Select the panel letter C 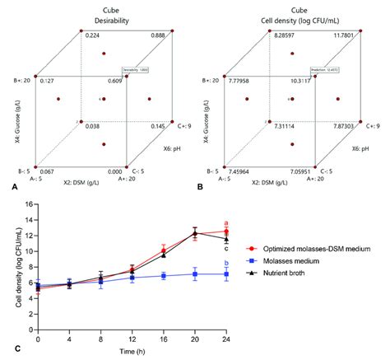(6, 349)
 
